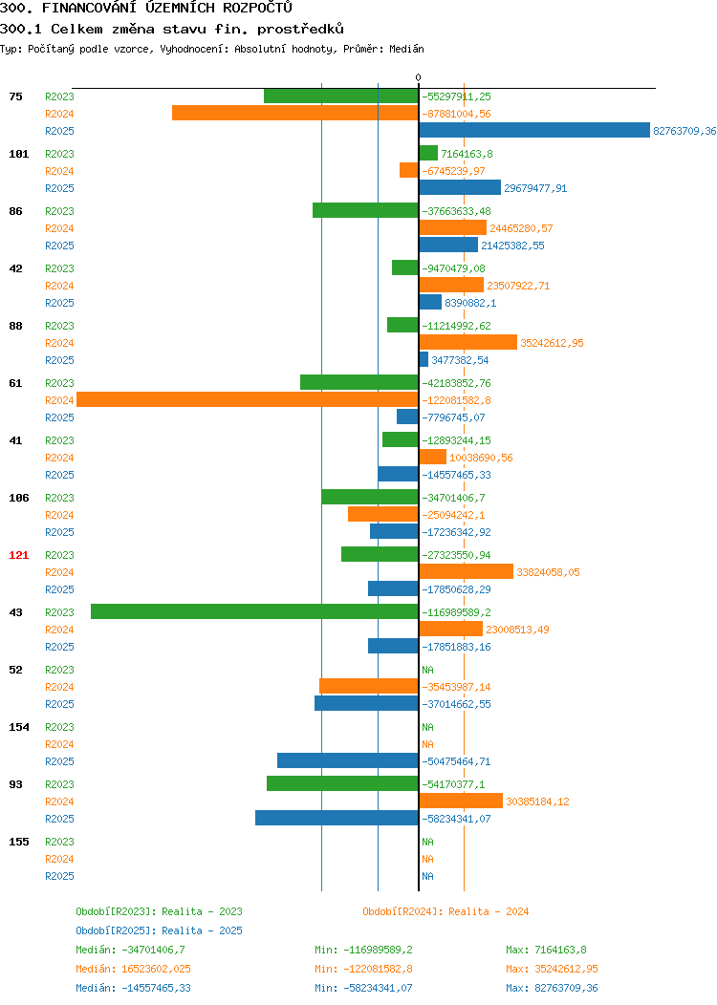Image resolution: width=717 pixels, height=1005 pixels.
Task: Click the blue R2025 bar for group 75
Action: (534, 130)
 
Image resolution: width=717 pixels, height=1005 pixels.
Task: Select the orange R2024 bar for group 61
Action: (248, 399)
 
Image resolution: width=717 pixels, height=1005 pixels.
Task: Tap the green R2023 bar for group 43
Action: (254, 611)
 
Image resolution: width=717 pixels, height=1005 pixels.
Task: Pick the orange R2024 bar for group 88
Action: (467, 342)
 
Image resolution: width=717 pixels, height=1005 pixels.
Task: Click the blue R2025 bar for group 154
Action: (348, 760)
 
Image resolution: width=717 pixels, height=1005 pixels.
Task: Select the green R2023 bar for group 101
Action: (428, 153)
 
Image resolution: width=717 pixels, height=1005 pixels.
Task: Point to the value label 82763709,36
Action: (684, 131)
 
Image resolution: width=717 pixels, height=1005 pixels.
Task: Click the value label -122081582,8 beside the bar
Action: (456, 400)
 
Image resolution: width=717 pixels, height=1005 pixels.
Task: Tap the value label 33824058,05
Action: (548, 571)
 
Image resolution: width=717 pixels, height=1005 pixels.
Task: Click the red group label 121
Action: (18, 555)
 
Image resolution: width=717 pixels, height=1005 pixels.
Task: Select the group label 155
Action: (18, 842)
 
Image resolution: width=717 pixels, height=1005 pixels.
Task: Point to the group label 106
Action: (18, 498)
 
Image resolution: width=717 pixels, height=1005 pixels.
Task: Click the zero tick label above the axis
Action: (418, 77)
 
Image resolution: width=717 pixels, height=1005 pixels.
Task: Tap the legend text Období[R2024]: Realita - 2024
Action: (445, 911)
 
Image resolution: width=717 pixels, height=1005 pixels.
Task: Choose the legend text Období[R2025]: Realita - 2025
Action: (159, 930)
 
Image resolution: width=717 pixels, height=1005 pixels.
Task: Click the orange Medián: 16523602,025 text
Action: (134, 969)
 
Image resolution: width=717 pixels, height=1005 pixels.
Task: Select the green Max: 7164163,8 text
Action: (546, 950)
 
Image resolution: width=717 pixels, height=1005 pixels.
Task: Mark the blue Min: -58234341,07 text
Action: (363, 988)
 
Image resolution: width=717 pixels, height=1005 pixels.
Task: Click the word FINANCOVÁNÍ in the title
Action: (89, 8)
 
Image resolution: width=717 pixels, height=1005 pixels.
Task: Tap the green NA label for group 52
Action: (427, 670)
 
